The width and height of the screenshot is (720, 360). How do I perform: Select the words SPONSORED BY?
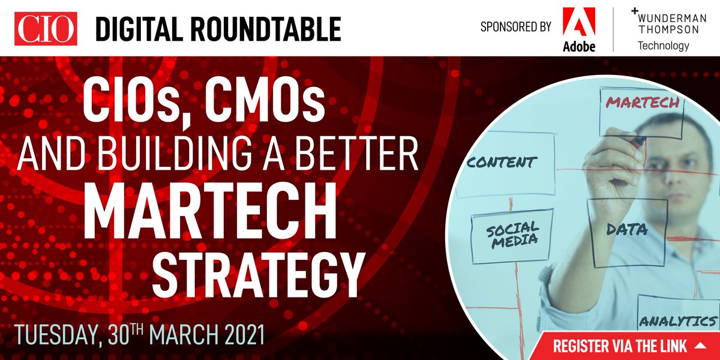point(515,28)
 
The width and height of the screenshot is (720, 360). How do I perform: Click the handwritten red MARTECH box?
point(642,103)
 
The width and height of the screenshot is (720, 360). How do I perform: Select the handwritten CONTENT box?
point(501,162)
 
